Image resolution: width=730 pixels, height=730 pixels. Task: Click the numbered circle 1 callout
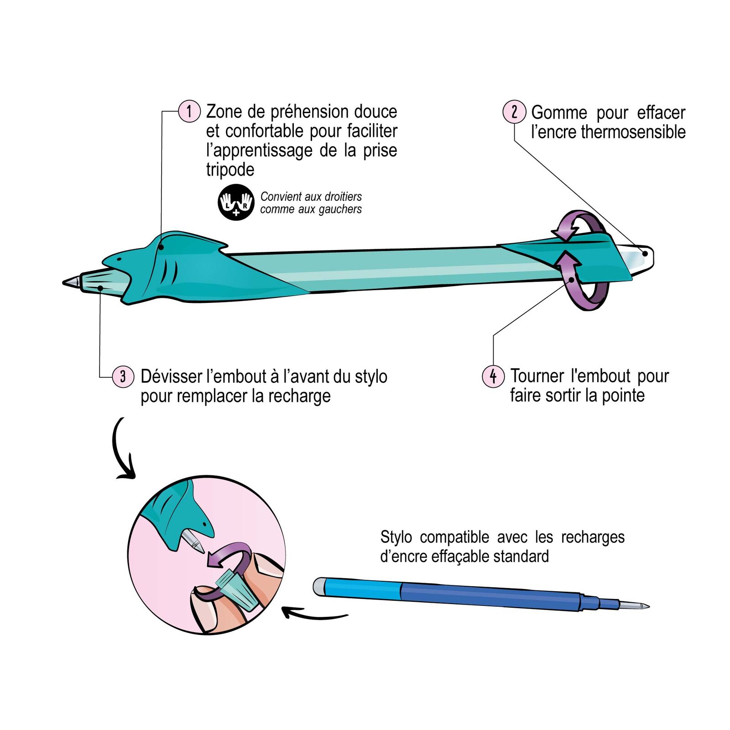coord(189,111)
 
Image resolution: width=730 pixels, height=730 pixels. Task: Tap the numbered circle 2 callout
coord(514,112)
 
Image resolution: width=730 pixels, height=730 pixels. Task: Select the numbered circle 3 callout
coord(123,376)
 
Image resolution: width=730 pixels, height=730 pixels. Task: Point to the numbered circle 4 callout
coord(493,376)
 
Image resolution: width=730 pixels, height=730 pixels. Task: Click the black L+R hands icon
coord(236,202)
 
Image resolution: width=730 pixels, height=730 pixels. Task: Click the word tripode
coord(230,169)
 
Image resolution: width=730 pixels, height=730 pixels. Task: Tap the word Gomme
coord(559,112)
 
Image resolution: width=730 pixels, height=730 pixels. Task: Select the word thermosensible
coord(633,132)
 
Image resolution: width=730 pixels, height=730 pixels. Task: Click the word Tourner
coord(537,376)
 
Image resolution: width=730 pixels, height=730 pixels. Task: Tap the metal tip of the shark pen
coord(71,282)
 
